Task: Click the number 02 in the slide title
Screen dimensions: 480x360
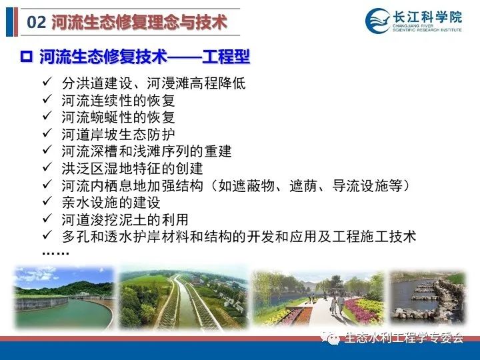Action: point(37,23)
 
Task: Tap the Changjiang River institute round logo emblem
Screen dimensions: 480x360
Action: point(378,21)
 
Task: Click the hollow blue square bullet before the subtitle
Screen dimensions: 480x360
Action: point(26,57)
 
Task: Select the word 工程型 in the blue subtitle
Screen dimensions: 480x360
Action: point(226,57)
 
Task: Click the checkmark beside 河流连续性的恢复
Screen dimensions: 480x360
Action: point(47,99)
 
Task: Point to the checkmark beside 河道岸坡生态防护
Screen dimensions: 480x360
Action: point(47,133)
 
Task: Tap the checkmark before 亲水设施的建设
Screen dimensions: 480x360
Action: point(47,201)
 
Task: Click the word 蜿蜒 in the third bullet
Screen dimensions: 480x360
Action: point(105,117)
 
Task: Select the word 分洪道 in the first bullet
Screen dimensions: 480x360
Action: point(83,83)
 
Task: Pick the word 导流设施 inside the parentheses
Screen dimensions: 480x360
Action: point(360,186)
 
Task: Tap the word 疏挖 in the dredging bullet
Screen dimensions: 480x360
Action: point(105,220)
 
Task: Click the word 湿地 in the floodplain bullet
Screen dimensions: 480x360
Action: point(119,169)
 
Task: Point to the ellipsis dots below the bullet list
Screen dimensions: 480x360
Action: point(55,253)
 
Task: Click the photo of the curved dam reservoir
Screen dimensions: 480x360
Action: point(64,297)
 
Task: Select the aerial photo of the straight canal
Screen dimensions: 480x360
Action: point(184,299)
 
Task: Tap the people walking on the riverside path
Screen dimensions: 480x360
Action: point(337,304)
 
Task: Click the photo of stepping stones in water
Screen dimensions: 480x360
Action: point(427,297)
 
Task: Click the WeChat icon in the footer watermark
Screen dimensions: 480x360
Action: point(331,337)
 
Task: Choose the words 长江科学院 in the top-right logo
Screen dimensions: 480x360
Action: point(427,17)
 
